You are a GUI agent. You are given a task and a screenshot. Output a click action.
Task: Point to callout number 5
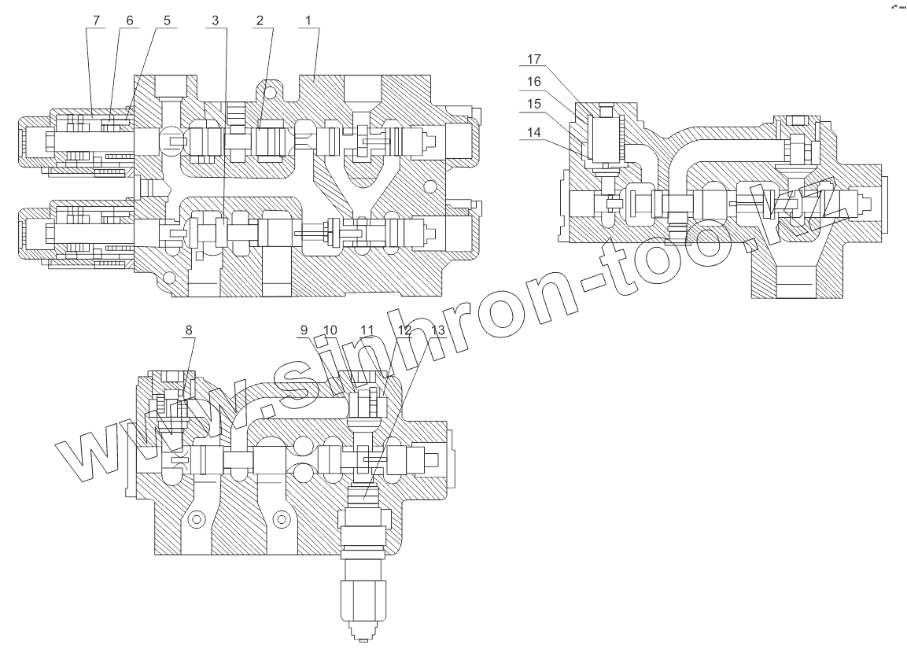click(168, 21)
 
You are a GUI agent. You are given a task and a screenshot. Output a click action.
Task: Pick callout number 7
click(97, 21)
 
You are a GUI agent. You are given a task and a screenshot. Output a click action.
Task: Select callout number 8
click(187, 330)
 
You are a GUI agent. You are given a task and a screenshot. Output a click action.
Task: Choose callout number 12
click(405, 330)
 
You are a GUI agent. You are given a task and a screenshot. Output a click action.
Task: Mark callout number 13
click(437, 330)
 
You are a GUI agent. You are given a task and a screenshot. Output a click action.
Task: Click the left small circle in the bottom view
click(196, 519)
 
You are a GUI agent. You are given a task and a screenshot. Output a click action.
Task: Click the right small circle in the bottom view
click(281, 519)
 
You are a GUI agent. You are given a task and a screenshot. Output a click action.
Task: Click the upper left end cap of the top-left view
click(35, 142)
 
